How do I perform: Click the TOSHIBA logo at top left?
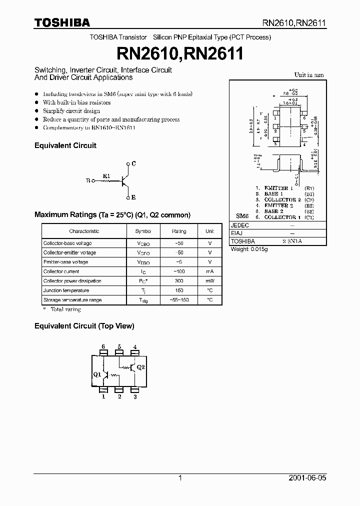click(x=62, y=22)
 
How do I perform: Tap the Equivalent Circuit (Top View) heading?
click(x=84, y=326)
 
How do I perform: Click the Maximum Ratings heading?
click(x=112, y=214)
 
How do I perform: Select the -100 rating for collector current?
click(x=178, y=271)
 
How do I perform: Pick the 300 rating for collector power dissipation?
click(x=178, y=281)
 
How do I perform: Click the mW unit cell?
click(x=210, y=281)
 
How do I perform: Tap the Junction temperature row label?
click(x=66, y=290)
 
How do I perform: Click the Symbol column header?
click(x=142, y=231)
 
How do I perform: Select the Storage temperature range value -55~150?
click(x=178, y=300)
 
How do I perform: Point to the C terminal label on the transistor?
click(x=134, y=163)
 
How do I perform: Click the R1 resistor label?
click(x=106, y=176)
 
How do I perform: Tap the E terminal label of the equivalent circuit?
click(x=134, y=197)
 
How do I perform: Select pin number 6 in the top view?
click(x=103, y=346)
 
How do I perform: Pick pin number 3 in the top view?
click(x=135, y=396)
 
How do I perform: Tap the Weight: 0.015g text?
click(x=249, y=249)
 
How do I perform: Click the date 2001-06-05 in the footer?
click(x=307, y=478)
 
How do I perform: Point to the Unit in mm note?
click(x=308, y=75)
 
